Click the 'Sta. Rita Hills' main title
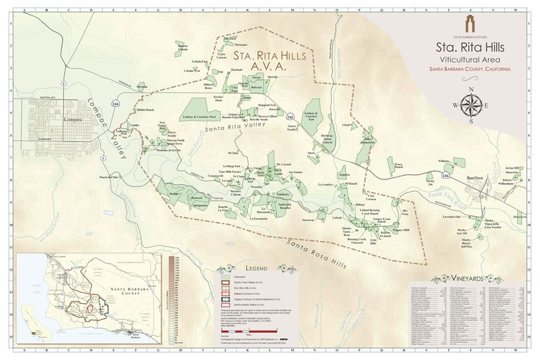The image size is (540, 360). tap(470, 47)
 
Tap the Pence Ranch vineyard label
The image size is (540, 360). tap(402, 165)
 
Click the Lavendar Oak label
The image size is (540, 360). tap(451, 217)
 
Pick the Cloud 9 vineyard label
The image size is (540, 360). tap(346, 125)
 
